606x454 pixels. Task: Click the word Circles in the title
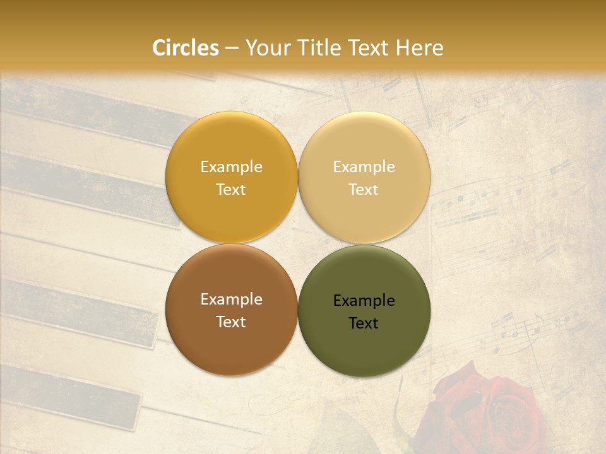point(186,48)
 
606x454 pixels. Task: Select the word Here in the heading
point(419,48)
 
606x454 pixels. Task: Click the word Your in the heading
point(266,48)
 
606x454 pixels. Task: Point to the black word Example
point(364,301)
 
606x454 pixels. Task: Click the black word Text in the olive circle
point(364,323)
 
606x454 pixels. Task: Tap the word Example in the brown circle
point(231,300)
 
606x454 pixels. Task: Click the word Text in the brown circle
point(231,322)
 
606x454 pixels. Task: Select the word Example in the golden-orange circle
point(231,167)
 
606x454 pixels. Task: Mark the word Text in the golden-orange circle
point(231,190)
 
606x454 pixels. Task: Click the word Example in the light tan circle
point(364,167)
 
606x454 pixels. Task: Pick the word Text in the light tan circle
point(364,190)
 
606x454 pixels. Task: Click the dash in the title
point(232,49)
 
